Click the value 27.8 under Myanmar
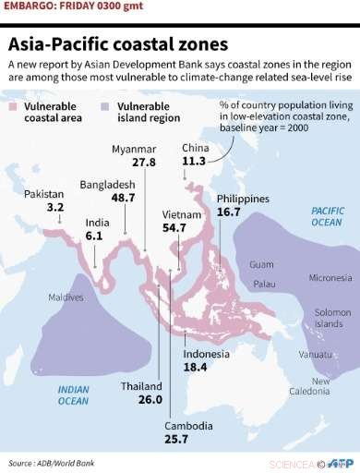tap(143, 162)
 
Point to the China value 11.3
tap(195, 161)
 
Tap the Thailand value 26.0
tap(148, 400)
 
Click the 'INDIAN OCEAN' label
tap(73, 394)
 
